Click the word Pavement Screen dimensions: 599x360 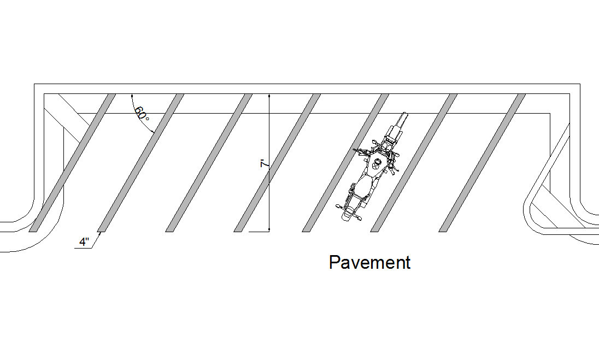click(369, 263)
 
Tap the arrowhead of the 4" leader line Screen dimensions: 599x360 click(100, 233)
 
